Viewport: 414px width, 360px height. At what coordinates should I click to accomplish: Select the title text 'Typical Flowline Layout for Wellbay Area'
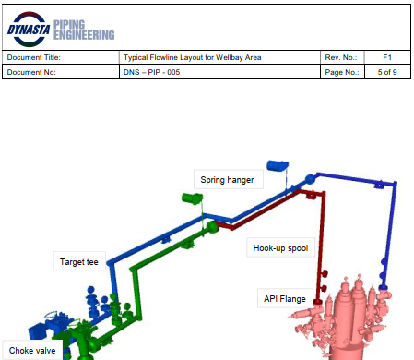click(x=192, y=57)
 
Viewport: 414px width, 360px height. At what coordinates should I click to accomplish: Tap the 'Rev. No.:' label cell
click(x=340, y=57)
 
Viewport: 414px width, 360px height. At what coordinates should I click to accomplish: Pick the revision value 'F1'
click(x=387, y=57)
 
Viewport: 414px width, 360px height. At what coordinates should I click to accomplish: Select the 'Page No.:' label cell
click(x=342, y=71)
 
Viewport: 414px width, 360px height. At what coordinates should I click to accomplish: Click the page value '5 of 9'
click(x=387, y=71)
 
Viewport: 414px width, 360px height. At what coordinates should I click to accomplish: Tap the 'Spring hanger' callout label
click(x=227, y=180)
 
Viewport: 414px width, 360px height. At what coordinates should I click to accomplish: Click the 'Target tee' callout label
click(x=79, y=262)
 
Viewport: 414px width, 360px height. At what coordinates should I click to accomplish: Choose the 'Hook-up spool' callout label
click(x=279, y=247)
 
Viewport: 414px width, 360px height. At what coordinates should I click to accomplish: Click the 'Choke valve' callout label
click(x=33, y=350)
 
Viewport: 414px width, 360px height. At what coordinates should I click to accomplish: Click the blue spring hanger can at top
click(x=275, y=165)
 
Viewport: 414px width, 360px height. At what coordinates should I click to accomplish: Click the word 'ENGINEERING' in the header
click(x=85, y=35)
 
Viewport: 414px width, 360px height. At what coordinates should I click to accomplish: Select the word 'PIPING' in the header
click(x=74, y=22)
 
